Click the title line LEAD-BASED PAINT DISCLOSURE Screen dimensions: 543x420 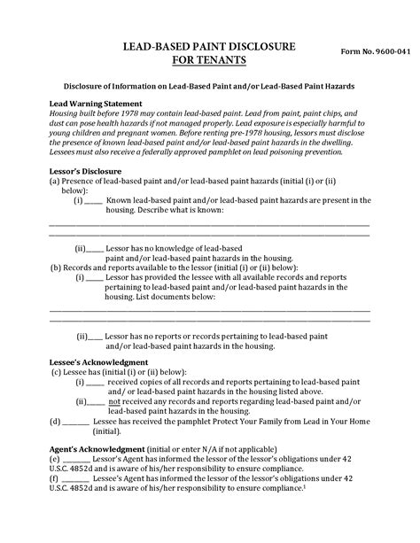tap(208, 46)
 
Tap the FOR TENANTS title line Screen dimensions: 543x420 tap(209, 60)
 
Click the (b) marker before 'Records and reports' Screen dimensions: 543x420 tap(55, 267)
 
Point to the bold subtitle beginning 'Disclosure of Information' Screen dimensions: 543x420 tap(208, 88)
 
